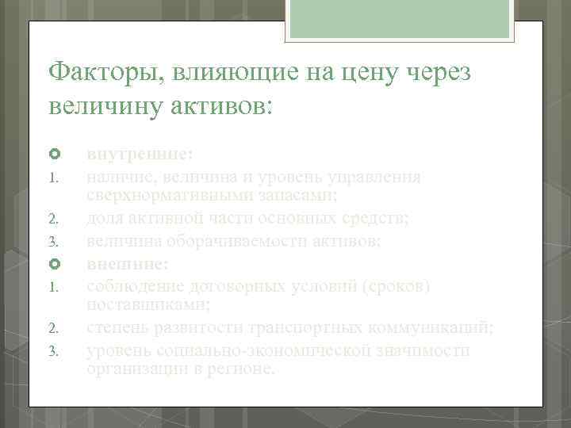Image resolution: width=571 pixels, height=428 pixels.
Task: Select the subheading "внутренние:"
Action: [140, 153]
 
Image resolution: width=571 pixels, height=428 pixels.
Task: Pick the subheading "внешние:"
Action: [127, 263]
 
